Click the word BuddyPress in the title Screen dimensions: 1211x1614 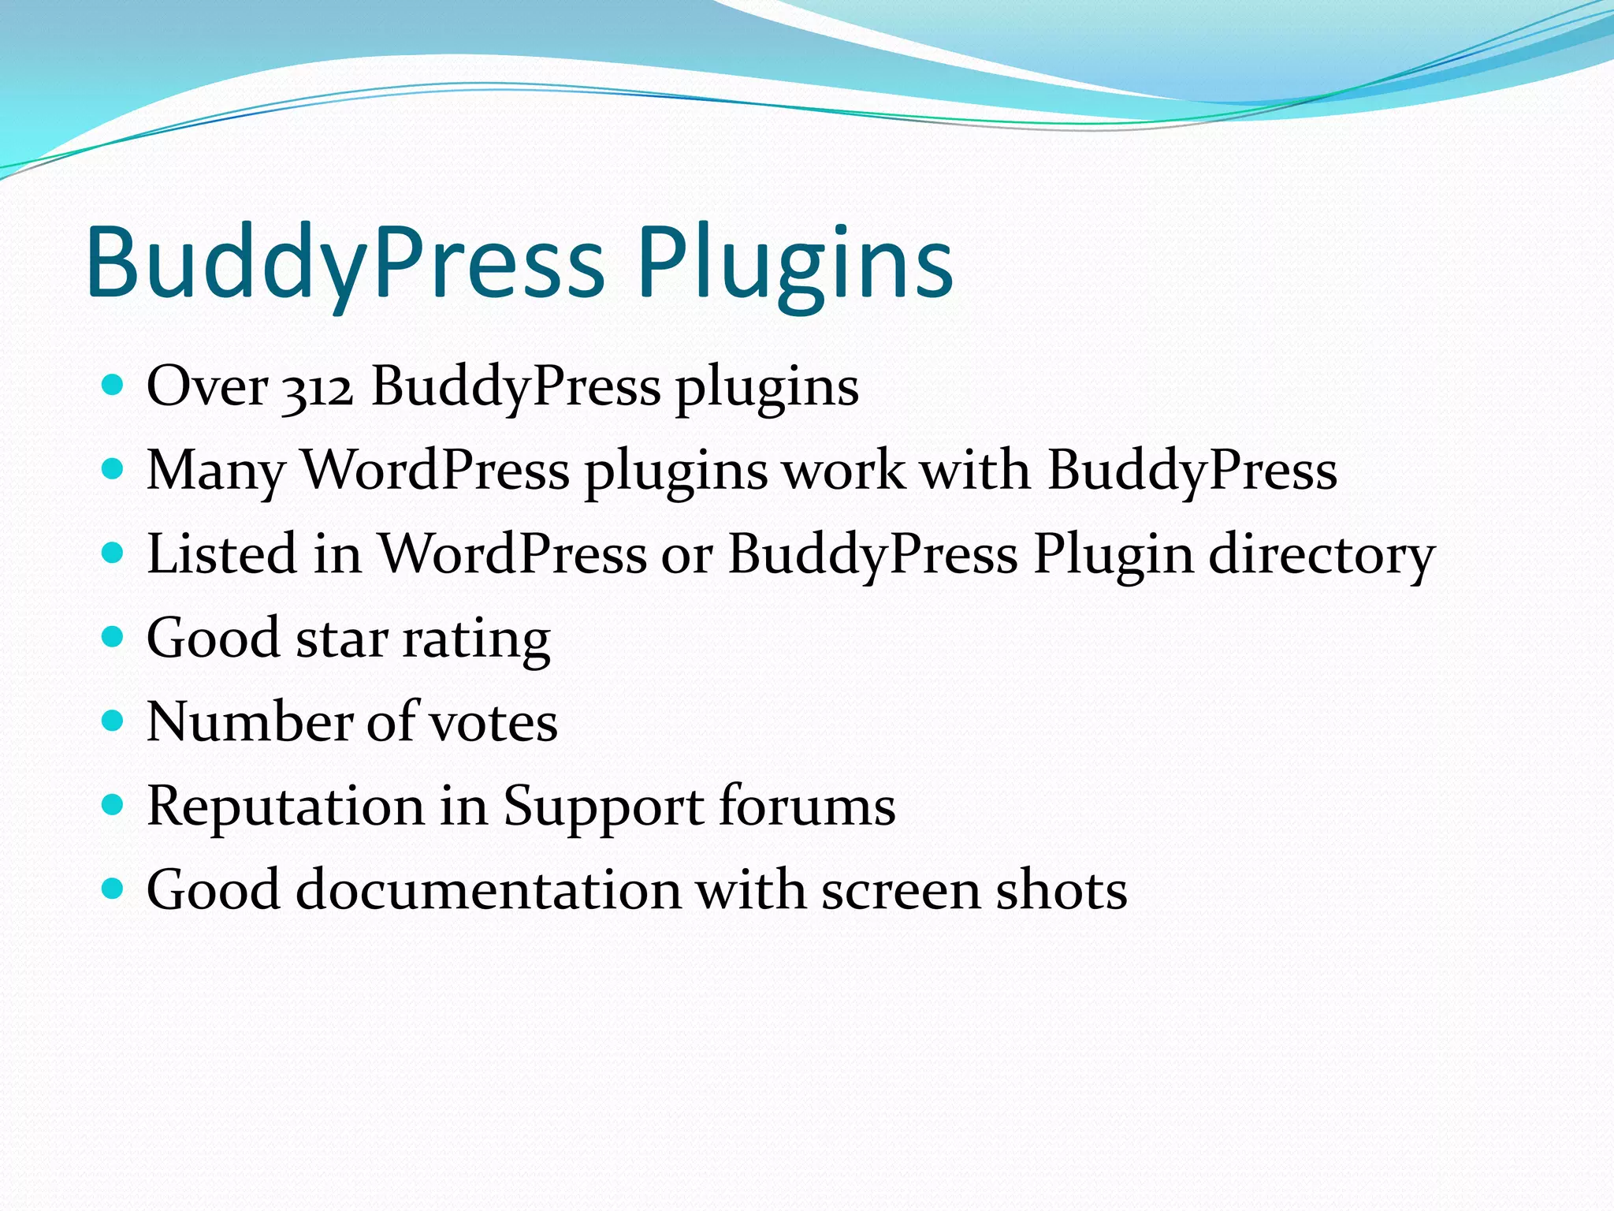[345, 263]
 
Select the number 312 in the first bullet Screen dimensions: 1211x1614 [318, 388]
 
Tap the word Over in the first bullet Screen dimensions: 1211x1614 [207, 386]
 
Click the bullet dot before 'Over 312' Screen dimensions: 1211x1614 [113, 385]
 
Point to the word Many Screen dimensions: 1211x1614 [215, 471]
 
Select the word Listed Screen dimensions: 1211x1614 [220, 553]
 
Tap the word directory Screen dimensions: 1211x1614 [1322, 555]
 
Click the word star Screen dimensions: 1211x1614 [342, 639]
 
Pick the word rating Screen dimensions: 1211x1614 [476, 640]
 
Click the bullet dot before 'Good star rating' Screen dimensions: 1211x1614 [113, 636]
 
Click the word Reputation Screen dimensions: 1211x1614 [286, 807]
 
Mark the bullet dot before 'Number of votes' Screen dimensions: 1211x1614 [113, 721]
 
